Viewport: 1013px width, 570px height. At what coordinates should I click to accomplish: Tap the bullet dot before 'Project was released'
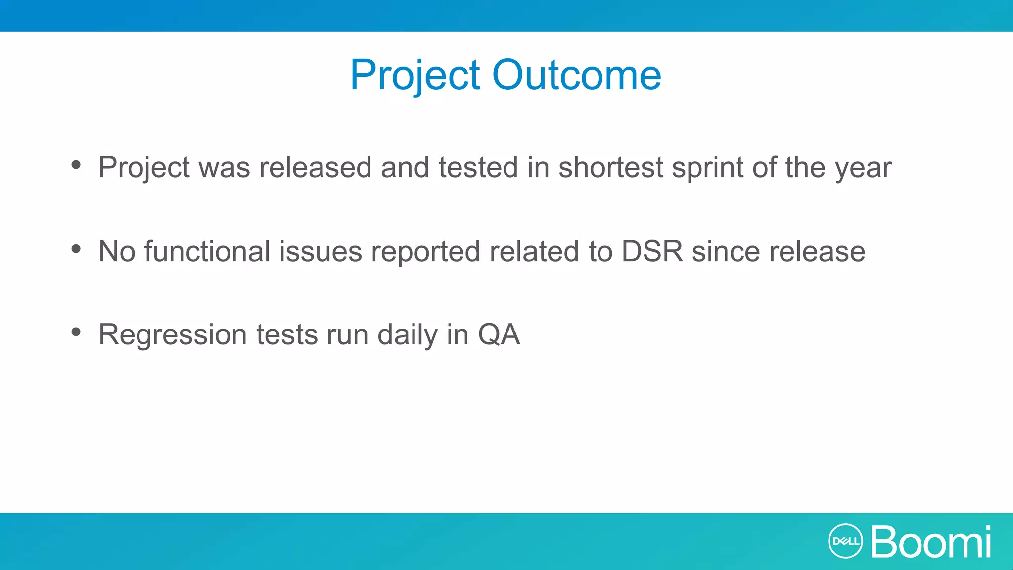76,165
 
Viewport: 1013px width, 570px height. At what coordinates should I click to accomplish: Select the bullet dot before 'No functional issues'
76,249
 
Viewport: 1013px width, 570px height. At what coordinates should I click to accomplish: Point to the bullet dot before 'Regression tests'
76,332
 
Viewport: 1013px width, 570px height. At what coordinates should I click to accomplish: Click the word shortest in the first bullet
610,167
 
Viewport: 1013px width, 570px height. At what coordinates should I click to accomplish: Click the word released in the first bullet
315,167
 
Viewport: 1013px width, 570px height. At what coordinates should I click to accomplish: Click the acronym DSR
652,251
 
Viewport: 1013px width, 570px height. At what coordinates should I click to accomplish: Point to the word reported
425,252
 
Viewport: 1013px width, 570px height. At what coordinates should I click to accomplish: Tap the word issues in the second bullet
321,251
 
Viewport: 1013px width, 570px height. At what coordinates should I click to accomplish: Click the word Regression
173,335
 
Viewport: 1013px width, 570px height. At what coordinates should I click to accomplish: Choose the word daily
407,335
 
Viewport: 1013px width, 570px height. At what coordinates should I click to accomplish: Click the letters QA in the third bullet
499,335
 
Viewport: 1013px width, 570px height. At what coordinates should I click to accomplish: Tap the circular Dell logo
845,541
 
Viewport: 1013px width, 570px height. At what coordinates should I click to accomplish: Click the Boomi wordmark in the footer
931,542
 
